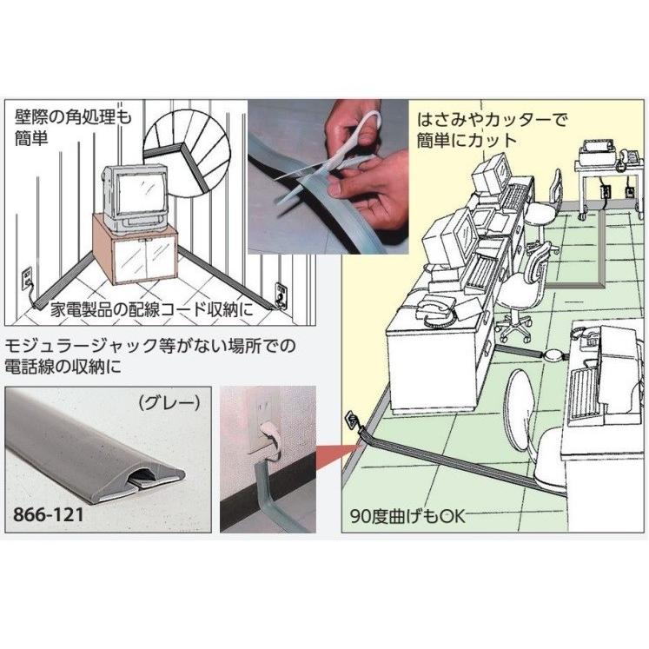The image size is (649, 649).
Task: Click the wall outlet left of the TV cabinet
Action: click(x=25, y=280)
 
